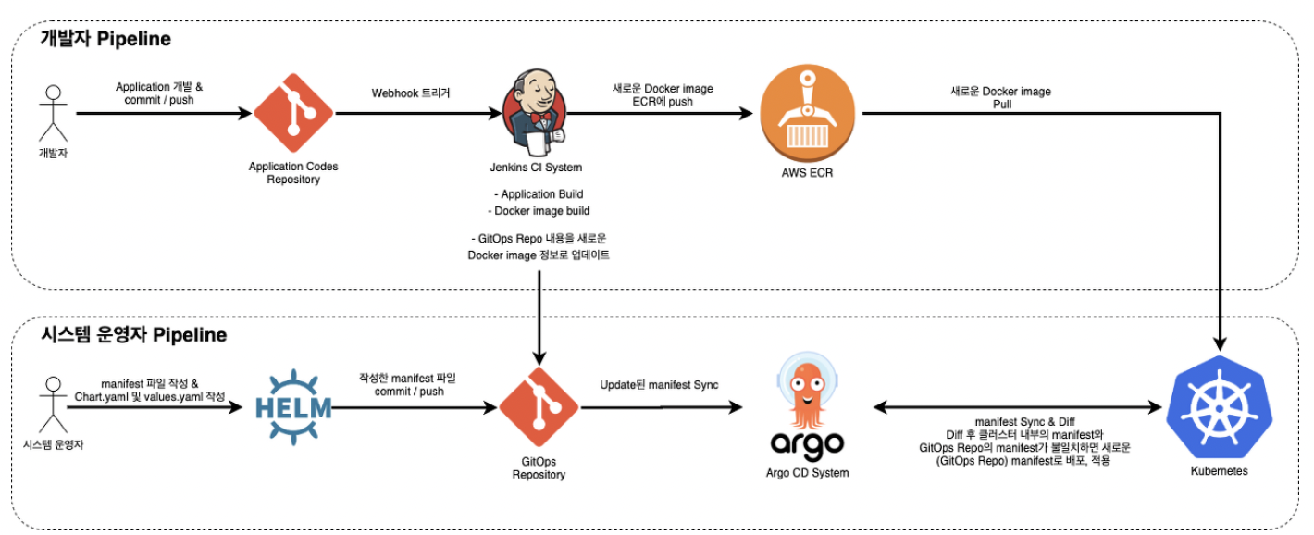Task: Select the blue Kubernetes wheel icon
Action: pos(1219,407)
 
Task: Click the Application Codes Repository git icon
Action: pos(293,113)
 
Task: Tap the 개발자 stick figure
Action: pos(54,113)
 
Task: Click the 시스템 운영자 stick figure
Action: pos(54,403)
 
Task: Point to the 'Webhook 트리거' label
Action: pos(411,93)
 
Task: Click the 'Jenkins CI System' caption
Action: pos(536,168)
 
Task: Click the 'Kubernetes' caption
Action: pos(1219,471)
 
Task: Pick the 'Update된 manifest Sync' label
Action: pos(659,385)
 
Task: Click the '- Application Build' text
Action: pos(538,194)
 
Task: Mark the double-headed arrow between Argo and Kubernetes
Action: pos(1018,406)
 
